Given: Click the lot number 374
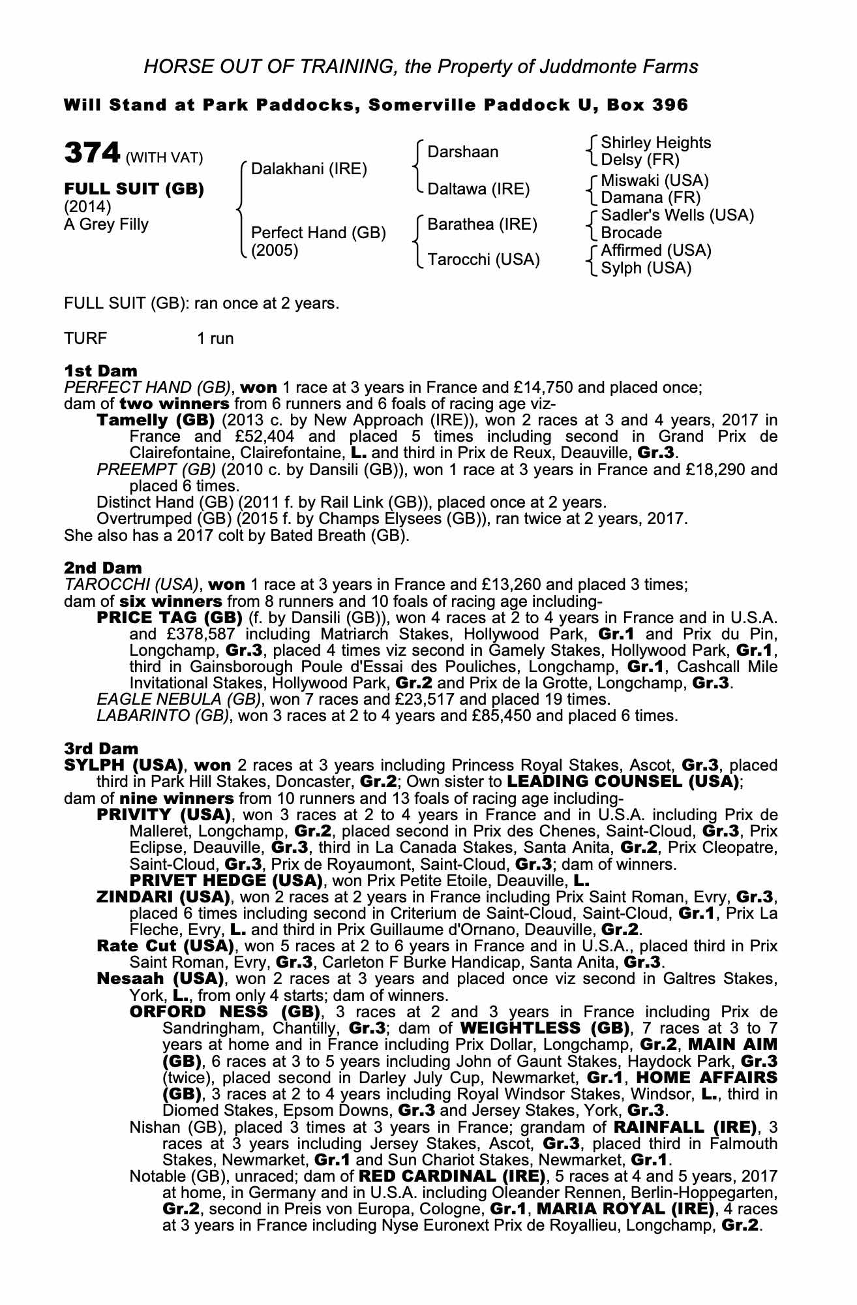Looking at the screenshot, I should coord(92,153).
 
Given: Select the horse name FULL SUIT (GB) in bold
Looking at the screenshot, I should coord(134,189).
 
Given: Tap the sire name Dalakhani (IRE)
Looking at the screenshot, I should coord(309,170).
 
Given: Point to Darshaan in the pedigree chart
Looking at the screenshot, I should coord(463,152).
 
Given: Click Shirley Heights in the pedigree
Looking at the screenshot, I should coord(656,143).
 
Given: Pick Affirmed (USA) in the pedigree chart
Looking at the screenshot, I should coord(656,251).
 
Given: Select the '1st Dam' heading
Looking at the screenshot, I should coord(101,371).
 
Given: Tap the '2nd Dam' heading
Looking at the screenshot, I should coord(103,568).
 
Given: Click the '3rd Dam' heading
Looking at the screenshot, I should coord(102,748).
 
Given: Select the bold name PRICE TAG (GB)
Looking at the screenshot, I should coord(170,618).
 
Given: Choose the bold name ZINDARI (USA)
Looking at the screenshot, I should coord(163,897).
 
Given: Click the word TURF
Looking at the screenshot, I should coord(85,338).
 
